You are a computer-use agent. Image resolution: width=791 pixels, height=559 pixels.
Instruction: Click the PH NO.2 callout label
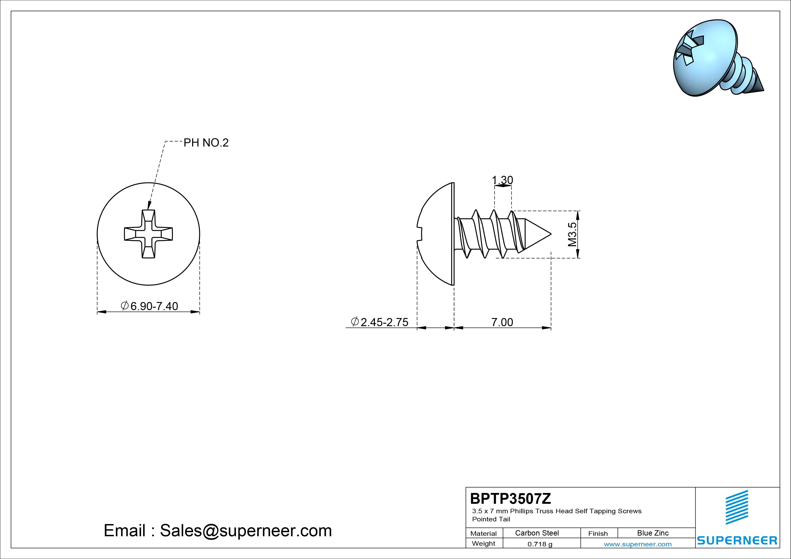pyautogui.click(x=206, y=143)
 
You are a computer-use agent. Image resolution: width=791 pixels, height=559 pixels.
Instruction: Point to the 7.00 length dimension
pyautogui.click(x=502, y=322)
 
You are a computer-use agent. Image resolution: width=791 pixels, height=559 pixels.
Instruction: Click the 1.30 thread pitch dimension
pyautogui.click(x=502, y=180)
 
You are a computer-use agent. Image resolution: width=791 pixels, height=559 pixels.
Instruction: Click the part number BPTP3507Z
pyautogui.click(x=510, y=498)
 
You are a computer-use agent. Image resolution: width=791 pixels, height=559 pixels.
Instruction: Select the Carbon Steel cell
pyautogui.click(x=537, y=533)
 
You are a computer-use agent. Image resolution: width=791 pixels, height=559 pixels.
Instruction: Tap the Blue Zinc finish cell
pyautogui.click(x=653, y=533)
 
